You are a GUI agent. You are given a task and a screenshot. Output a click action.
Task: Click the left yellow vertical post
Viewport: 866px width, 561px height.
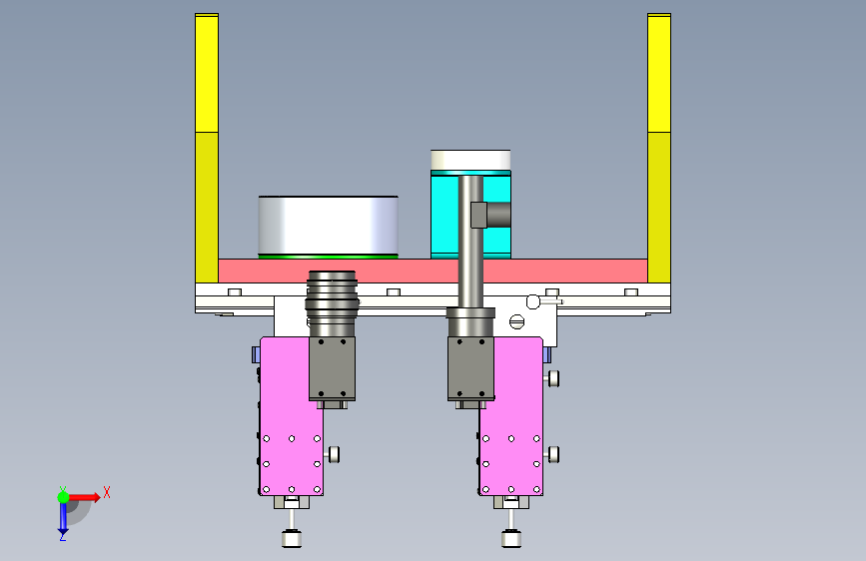[207, 148]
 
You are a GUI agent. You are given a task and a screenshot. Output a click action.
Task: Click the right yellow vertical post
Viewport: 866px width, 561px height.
[659, 148]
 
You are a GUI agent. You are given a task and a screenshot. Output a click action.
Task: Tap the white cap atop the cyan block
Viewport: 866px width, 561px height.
[470, 160]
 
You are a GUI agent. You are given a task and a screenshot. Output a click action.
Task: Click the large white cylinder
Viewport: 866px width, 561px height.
[328, 226]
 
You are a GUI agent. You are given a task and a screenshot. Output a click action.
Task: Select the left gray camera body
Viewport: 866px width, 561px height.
[332, 369]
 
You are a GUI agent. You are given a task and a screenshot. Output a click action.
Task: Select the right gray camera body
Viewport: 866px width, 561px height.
[470, 369]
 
